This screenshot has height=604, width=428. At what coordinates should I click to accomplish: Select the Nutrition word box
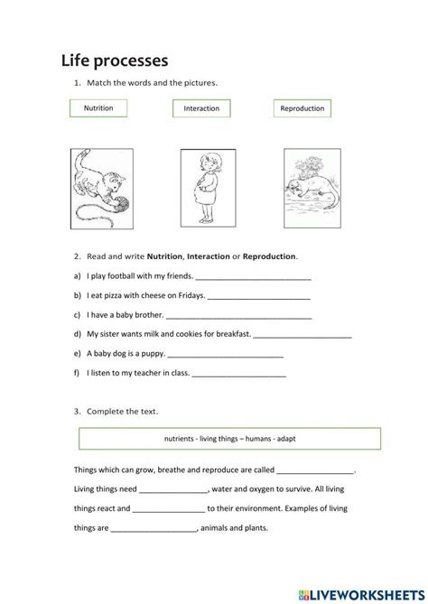98,107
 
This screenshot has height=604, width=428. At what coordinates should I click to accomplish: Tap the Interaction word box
201,108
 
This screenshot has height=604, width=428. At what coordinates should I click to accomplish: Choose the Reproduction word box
302,108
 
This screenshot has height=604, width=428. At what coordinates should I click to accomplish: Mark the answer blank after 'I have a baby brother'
239,317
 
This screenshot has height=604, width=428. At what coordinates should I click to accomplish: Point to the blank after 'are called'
315,471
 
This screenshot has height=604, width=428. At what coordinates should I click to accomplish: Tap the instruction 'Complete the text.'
122,411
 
